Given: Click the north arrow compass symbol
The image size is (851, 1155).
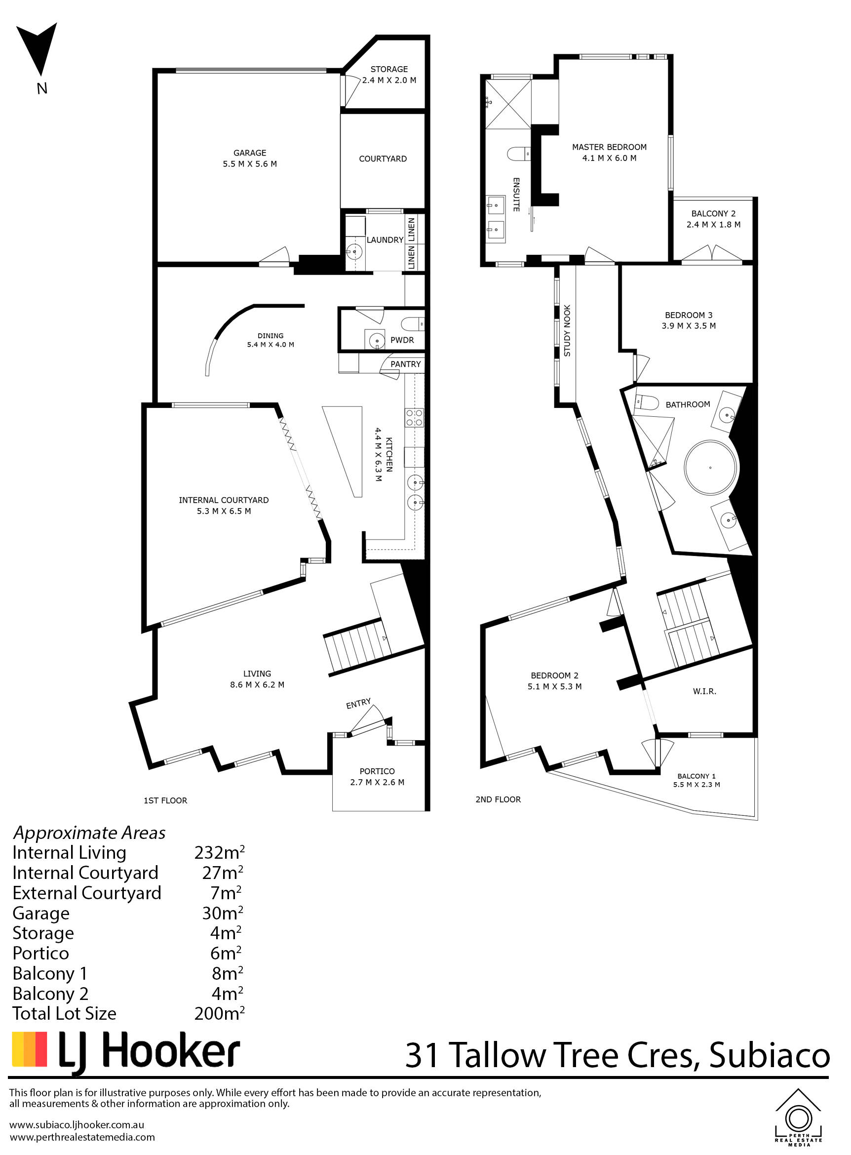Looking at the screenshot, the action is [x=39, y=49].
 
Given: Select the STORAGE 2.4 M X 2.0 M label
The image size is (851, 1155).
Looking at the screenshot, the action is [x=389, y=74].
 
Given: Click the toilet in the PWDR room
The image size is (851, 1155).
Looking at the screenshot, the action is [x=413, y=323].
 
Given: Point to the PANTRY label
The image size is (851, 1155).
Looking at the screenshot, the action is [x=405, y=364].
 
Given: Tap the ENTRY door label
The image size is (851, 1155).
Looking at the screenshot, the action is [x=358, y=704].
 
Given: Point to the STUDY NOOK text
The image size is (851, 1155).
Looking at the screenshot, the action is [x=567, y=330].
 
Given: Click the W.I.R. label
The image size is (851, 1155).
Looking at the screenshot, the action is [x=705, y=691].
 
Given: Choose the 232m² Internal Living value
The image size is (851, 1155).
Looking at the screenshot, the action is [x=220, y=852].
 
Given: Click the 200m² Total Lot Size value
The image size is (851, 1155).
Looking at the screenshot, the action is [x=220, y=1013].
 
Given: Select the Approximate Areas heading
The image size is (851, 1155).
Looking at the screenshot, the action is [x=89, y=833].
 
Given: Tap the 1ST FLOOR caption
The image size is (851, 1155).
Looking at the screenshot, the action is [x=165, y=800].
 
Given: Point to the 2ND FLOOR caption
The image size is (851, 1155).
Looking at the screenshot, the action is [x=498, y=799].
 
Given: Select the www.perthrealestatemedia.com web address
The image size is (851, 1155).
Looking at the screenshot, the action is [x=82, y=1137].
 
